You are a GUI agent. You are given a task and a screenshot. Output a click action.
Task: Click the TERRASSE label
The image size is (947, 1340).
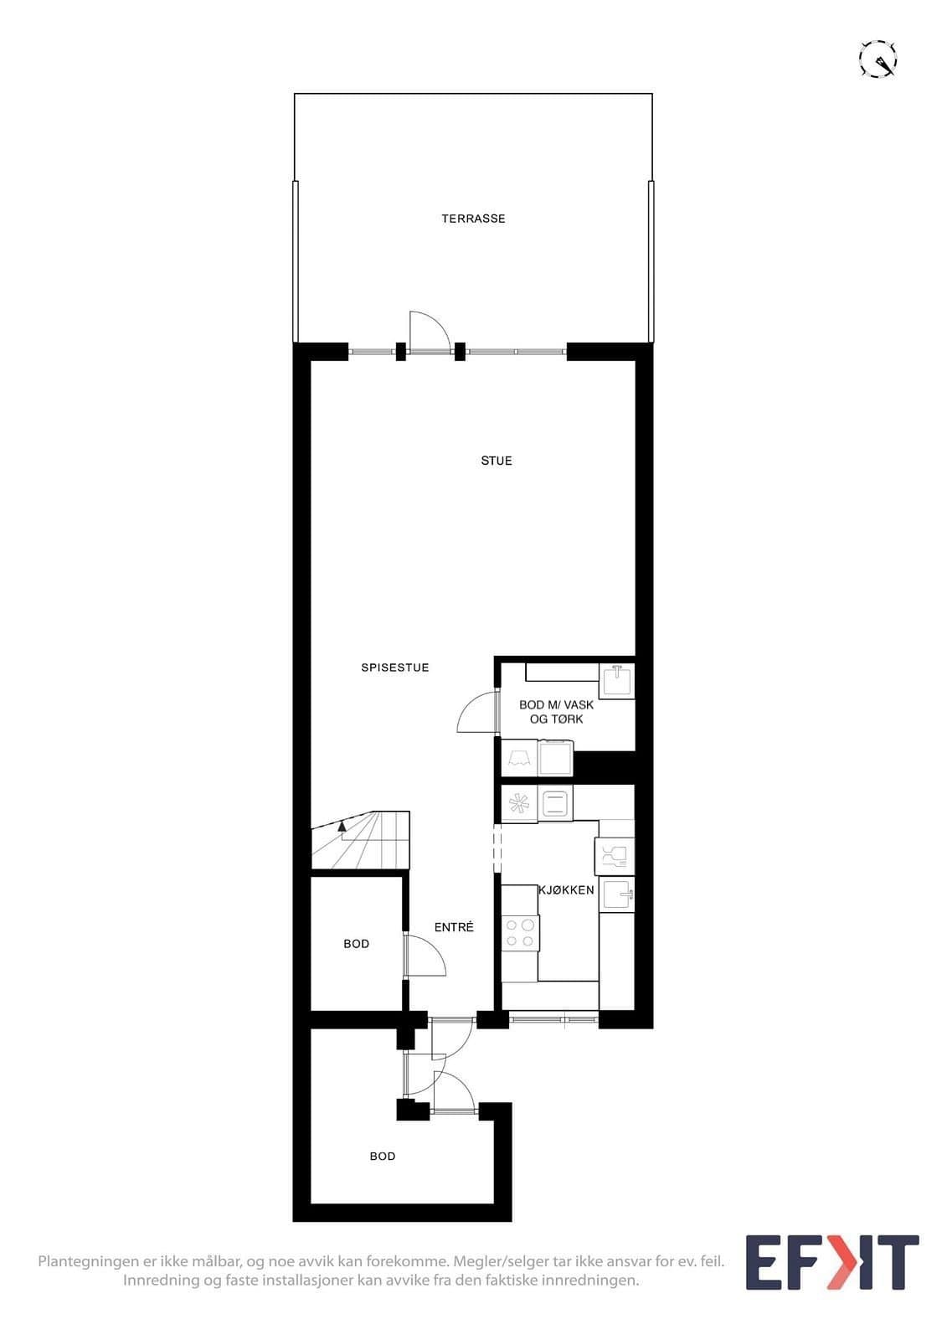473,219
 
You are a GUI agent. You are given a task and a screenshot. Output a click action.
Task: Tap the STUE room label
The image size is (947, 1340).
497,461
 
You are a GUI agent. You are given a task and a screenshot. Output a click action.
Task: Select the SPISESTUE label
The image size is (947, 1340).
395,667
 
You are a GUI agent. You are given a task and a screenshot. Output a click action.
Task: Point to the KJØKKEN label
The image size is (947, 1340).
566,890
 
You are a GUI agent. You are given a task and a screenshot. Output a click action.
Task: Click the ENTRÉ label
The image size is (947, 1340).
454,927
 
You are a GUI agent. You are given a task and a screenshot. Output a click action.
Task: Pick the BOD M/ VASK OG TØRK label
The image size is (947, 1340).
556,712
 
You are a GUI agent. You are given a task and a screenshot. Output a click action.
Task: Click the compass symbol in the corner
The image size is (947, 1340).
878,59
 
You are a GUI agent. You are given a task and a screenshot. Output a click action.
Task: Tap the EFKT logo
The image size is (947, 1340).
831,1262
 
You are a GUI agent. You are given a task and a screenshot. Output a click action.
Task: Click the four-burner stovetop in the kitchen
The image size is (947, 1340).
520,933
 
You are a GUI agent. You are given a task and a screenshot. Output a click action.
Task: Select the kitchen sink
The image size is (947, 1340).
617,894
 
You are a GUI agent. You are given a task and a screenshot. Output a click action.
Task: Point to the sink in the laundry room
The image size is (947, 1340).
617,680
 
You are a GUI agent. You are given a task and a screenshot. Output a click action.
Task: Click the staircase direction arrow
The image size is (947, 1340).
342,827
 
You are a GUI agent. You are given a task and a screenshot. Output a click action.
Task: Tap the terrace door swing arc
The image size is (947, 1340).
430,329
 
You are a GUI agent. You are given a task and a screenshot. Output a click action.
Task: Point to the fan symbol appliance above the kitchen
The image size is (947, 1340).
519,803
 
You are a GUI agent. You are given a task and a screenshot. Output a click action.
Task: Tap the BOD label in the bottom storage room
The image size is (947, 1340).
383,1157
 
